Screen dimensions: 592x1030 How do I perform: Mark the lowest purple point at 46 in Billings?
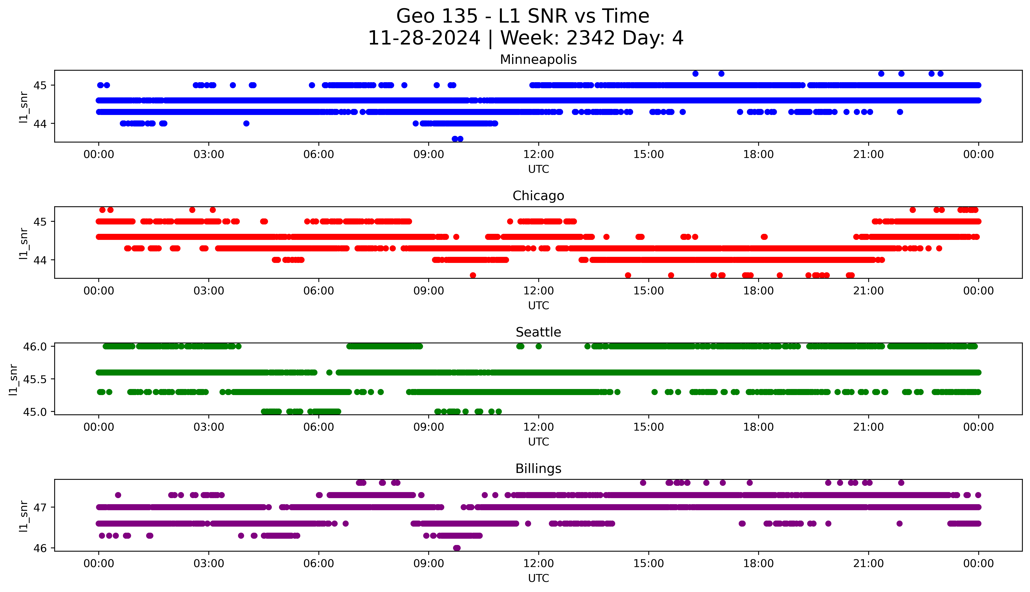(x=457, y=548)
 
